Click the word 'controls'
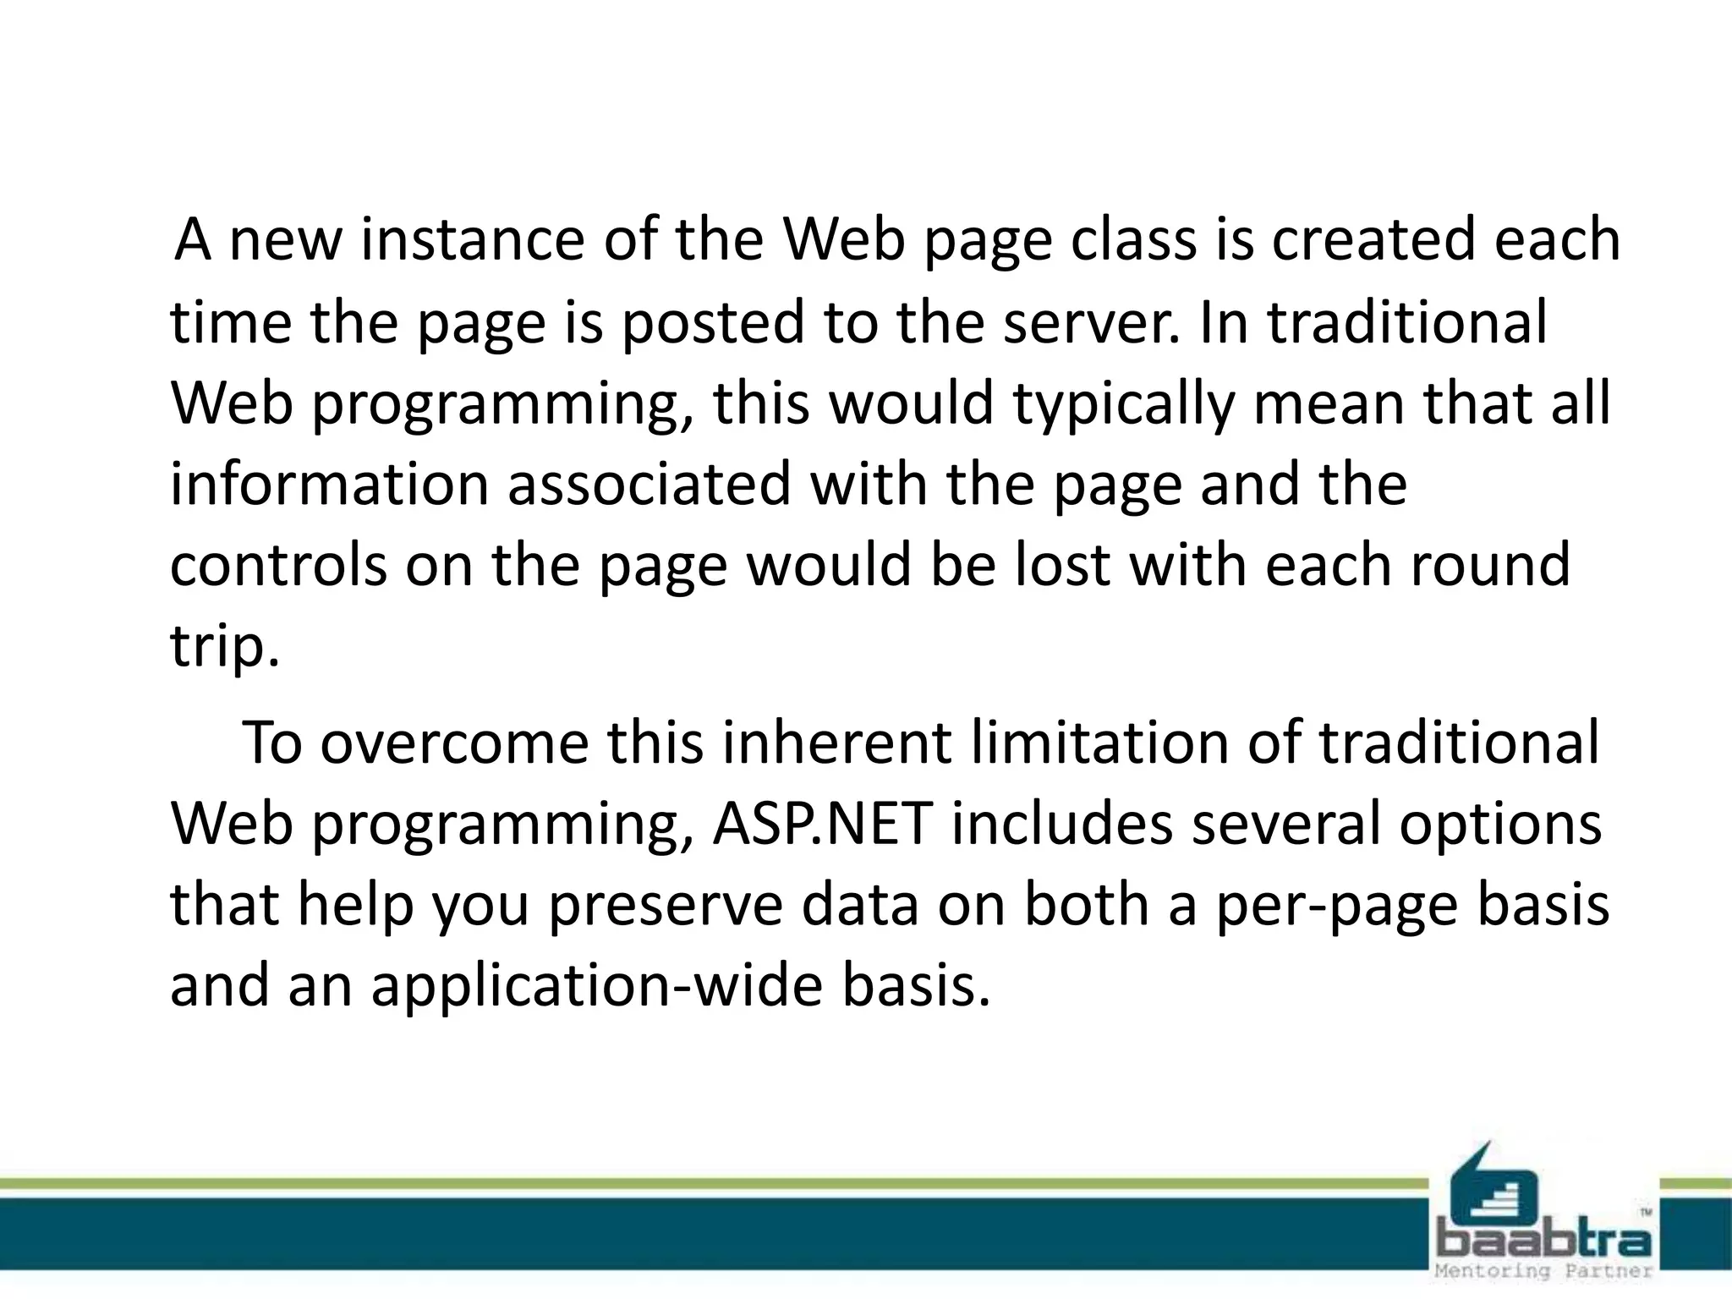pyautogui.click(x=278, y=565)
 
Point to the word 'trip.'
pyautogui.click(x=224, y=647)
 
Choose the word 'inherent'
pyautogui.click(x=838, y=743)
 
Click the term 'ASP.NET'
pyautogui.click(x=823, y=824)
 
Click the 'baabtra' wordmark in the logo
pyautogui.click(x=1543, y=1241)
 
